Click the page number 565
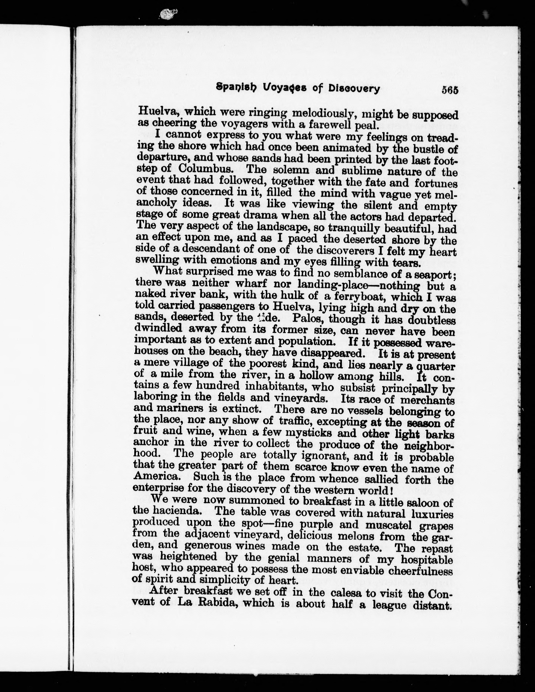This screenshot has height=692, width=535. pyautogui.click(x=450, y=90)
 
